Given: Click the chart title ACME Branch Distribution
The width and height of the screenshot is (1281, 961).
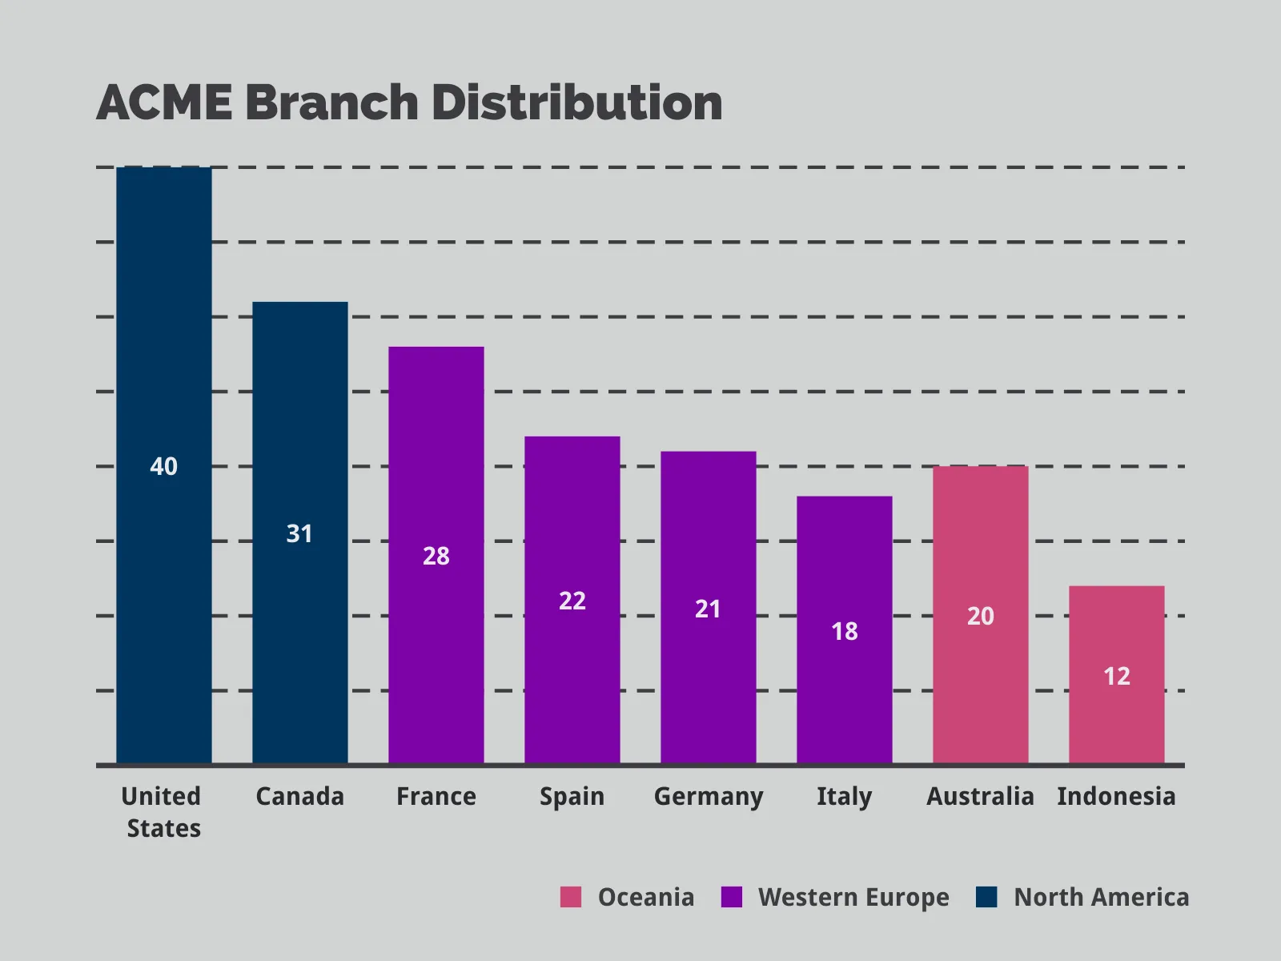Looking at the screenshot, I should pos(409,103).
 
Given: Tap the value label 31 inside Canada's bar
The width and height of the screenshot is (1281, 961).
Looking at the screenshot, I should pos(299,534).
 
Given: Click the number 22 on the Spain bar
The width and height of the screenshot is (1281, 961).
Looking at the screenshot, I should pos(572,601).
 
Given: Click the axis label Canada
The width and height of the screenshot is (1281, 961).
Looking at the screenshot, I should pos(299,796).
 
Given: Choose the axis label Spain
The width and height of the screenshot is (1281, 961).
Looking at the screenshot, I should pos(572,796).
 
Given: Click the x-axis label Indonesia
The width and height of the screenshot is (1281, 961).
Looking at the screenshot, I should pos(1116,796).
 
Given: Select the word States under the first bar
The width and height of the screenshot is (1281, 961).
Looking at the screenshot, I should pos(164,828).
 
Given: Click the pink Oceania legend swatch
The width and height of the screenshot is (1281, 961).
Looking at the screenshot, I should pos(571,897).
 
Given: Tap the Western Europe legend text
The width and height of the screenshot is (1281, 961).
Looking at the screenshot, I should pos(853,898).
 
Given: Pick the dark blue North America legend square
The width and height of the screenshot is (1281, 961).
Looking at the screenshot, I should pos(986,897).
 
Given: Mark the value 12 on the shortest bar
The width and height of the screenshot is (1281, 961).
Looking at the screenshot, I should pos(1117,677).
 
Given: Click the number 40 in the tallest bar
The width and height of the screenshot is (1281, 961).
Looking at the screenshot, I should pos(164,467).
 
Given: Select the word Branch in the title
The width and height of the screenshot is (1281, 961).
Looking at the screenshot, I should pos(331,103).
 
